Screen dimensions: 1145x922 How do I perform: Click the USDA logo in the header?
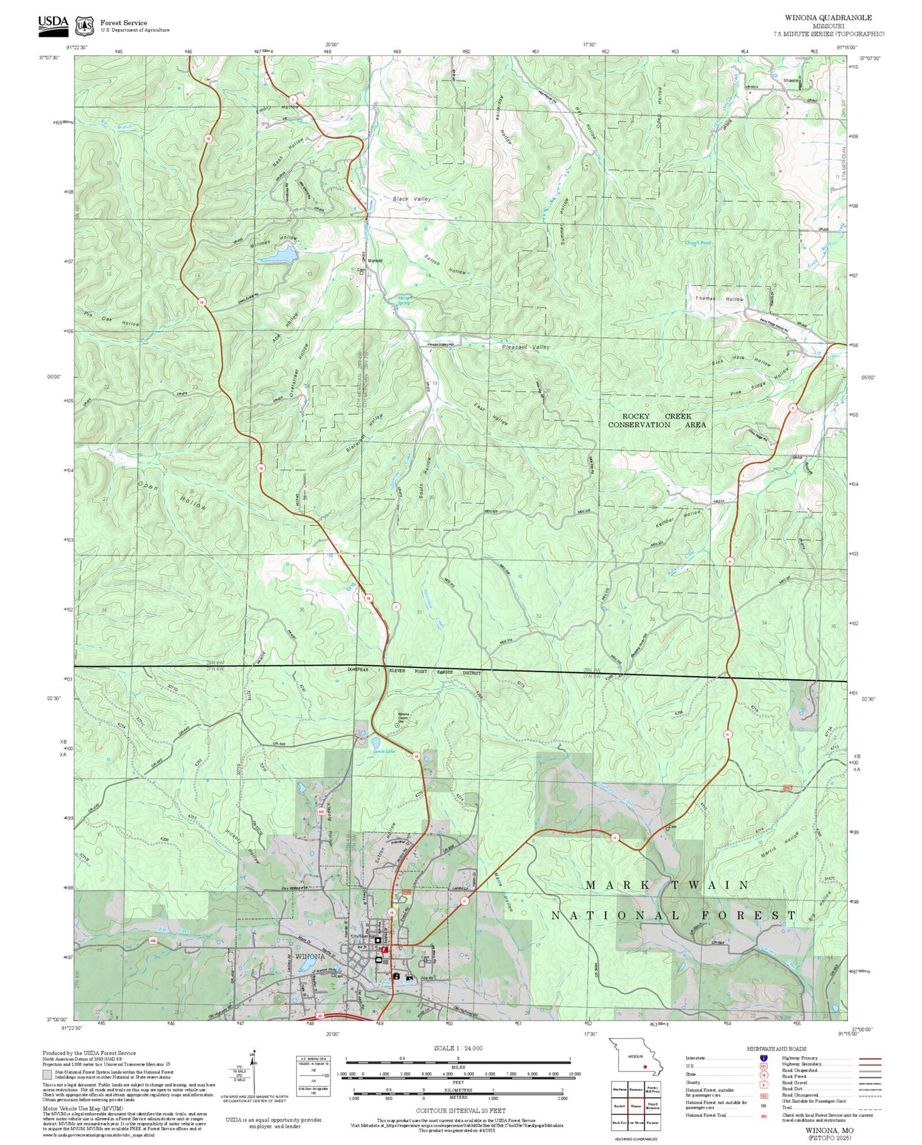click(53, 23)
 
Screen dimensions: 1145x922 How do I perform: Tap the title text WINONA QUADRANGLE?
click(828, 18)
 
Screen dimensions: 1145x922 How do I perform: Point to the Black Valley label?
click(412, 199)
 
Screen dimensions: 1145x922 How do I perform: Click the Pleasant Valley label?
click(525, 347)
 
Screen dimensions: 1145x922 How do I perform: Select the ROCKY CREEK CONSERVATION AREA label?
click(657, 421)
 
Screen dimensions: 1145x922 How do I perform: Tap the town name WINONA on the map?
click(310, 957)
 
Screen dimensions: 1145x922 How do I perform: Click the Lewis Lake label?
click(384, 751)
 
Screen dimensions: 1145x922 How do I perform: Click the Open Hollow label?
click(172, 495)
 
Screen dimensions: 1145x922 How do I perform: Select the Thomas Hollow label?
click(719, 299)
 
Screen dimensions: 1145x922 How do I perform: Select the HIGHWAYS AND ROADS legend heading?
click(776, 1049)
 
